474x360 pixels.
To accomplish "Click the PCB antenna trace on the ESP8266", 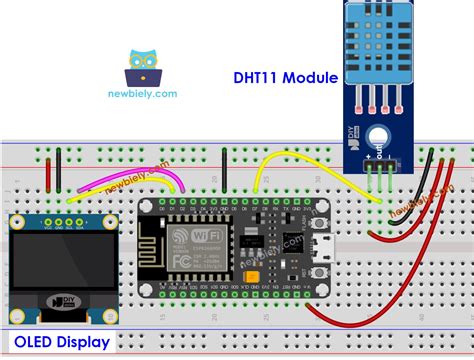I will [x=154, y=245].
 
